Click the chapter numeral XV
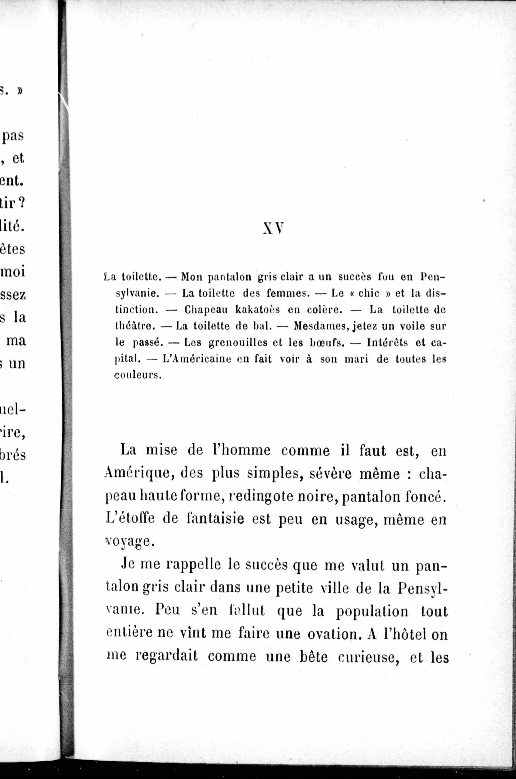pyautogui.click(x=273, y=228)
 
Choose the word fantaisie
pyautogui.click(x=215, y=519)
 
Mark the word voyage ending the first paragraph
pyautogui.click(x=129, y=542)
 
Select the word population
pyautogui.click(x=372, y=611)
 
